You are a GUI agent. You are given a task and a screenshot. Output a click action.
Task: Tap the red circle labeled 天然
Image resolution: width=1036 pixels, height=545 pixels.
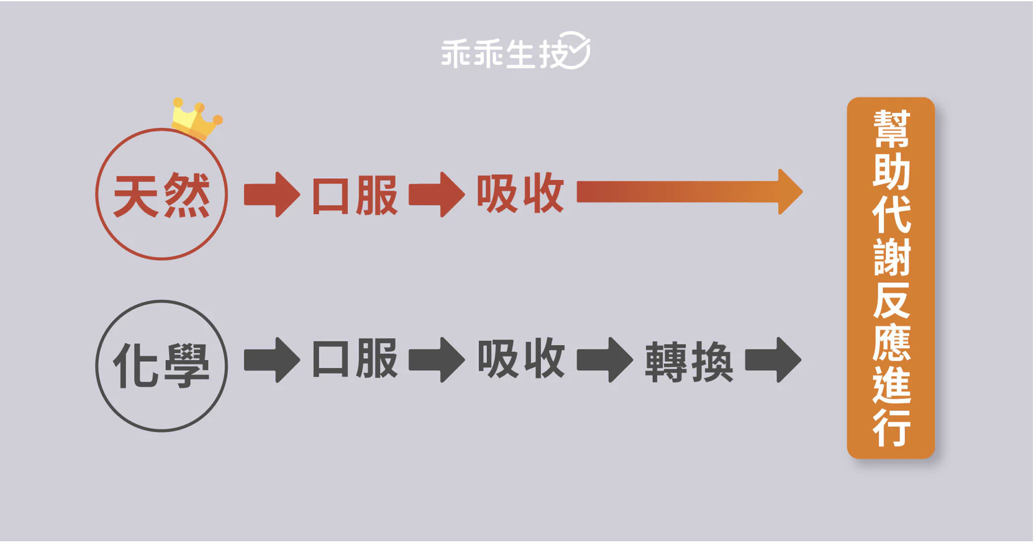coord(161,195)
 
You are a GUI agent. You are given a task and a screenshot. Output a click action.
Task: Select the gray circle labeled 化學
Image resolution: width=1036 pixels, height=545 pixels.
coord(161,366)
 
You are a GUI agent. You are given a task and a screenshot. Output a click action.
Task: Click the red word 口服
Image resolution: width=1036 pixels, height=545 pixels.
coord(355,196)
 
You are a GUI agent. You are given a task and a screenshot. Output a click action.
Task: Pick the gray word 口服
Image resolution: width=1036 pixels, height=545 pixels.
coord(355,359)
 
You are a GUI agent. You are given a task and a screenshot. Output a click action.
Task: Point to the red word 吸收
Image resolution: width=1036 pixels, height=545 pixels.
coord(520,194)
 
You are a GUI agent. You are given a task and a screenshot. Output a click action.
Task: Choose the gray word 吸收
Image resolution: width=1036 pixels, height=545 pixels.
coord(520,359)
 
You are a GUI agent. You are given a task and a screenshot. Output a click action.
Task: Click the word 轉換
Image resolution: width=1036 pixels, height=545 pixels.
coord(689,362)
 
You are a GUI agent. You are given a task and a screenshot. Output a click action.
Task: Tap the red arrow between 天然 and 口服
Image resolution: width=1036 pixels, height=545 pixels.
coord(271,195)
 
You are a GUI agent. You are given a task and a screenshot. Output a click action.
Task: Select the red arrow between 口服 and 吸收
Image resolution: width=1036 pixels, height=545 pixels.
coord(437,195)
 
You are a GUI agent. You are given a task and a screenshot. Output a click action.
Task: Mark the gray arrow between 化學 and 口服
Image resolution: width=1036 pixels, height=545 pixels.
coord(271,360)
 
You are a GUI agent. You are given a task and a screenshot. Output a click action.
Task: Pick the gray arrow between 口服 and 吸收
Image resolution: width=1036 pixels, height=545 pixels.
coord(437,360)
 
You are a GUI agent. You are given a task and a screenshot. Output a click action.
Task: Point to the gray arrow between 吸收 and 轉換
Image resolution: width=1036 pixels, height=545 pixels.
coord(604,360)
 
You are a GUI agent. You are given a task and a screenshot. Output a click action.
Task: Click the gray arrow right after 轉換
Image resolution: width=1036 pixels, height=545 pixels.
coord(773,360)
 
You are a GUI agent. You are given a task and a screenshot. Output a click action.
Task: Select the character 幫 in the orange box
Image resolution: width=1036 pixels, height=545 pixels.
coord(891,128)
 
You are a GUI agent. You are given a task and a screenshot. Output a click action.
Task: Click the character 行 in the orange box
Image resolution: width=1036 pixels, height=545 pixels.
coord(891,428)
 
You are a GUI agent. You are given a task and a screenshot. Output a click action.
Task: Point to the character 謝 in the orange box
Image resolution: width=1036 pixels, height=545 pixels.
coord(891,256)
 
